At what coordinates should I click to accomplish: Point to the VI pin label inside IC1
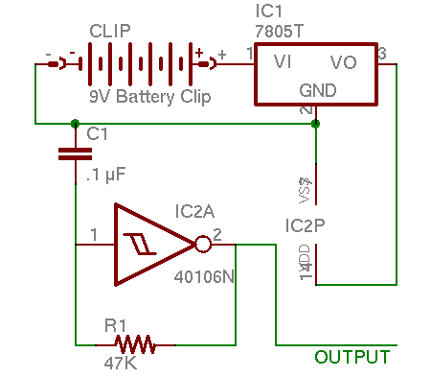(x=283, y=62)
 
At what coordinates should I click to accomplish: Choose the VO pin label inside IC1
(x=344, y=62)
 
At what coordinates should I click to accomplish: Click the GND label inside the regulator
(x=317, y=89)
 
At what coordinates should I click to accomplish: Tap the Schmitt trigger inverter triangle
(x=148, y=244)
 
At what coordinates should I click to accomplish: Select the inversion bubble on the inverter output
(x=202, y=244)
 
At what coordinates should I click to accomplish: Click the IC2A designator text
(x=198, y=210)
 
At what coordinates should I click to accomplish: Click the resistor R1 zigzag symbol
(x=135, y=342)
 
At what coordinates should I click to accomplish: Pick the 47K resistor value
(x=121, y=365)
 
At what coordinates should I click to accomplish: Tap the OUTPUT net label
(x=352, y=358)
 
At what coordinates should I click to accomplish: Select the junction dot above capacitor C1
(x=76, y=123)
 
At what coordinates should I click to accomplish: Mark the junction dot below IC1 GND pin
(x=316, y=123)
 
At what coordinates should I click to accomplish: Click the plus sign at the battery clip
(x=221, y=55)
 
